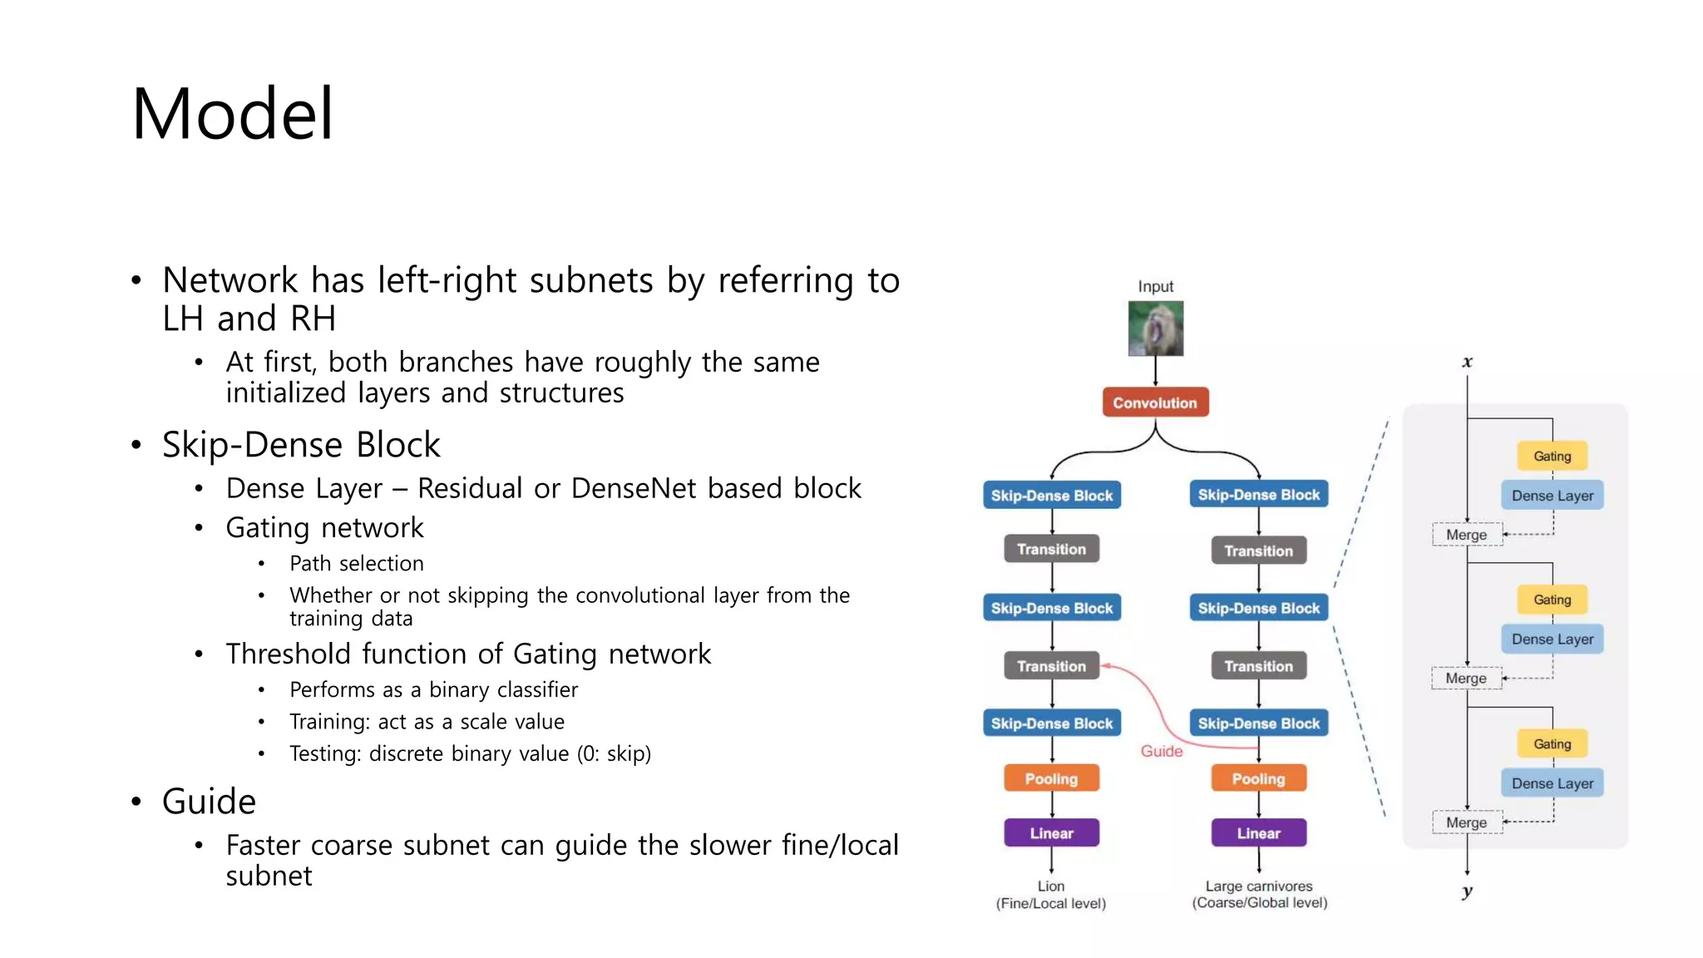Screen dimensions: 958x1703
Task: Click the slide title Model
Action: (233, 114)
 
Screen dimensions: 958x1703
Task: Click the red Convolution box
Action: (1155, 402)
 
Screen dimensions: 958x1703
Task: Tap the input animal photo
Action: (1155, 328)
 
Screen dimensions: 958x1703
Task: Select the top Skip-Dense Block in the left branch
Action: (1051, 496)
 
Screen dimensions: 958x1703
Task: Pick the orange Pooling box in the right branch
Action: (1258, 778)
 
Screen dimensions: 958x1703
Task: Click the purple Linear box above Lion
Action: (1051, 832)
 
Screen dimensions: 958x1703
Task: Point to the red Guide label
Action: (1161, 751)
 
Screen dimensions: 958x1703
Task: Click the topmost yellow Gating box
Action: (1552, 456)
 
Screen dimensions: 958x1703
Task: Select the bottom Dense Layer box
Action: (1552, 783)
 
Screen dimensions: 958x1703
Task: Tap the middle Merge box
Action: (1466, 679)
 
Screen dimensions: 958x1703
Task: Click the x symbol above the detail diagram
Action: (1467, 362)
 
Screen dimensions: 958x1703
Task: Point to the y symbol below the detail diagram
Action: (1467, 891)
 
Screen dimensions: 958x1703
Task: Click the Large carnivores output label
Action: (1259, 886)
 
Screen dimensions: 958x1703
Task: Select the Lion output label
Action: (1051, 886)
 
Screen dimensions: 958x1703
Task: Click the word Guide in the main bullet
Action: (209, 802)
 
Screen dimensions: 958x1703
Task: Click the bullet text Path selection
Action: (357, 564)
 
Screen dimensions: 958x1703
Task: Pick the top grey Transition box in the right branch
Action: (1258, 551)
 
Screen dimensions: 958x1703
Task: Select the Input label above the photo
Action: (1155, 286)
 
